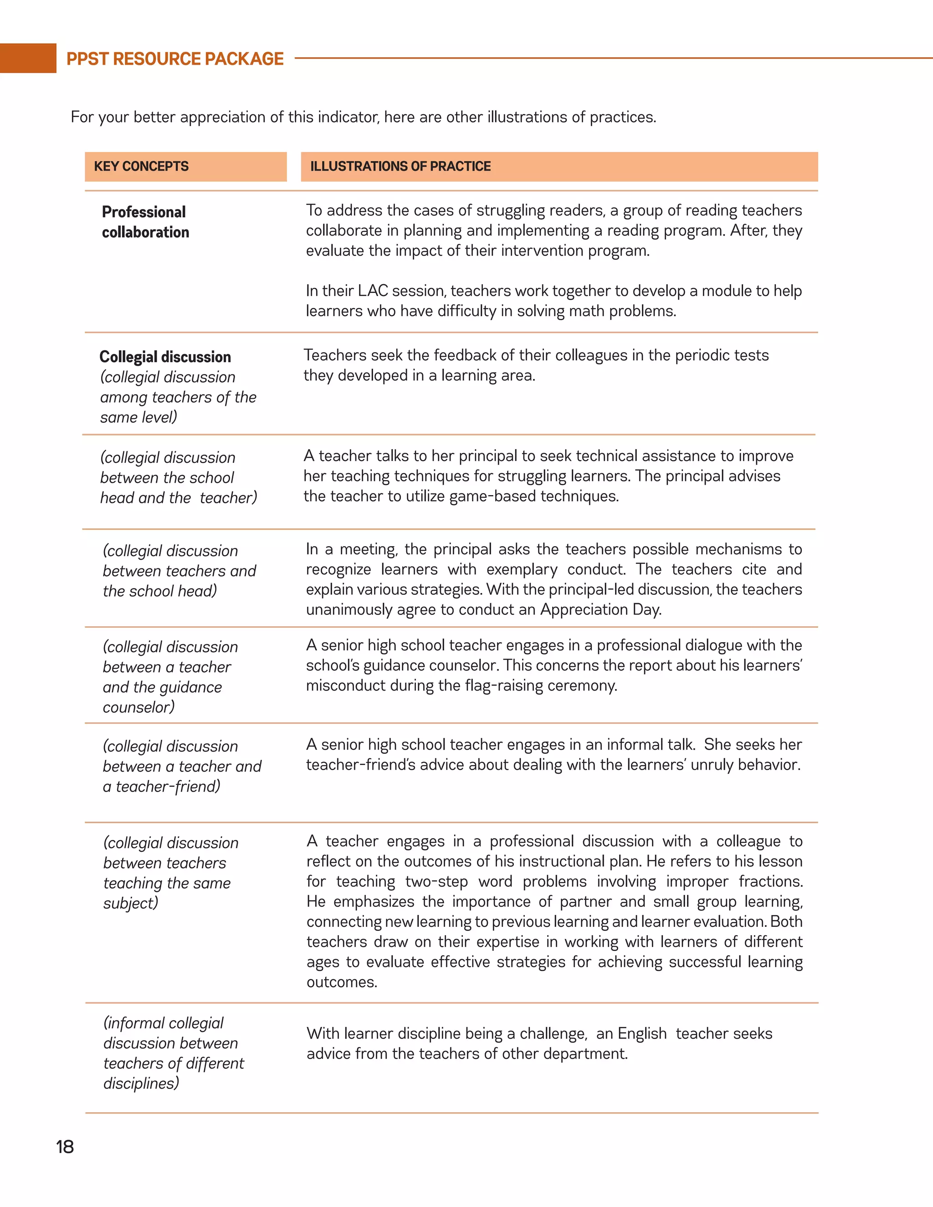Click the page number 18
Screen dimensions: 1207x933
click(65, 1147)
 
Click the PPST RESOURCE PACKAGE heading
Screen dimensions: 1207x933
click(174, 59)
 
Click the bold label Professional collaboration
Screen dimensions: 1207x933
click(145, 222)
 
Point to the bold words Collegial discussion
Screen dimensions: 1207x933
click(165, 357)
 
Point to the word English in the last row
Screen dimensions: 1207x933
click(642, 1033)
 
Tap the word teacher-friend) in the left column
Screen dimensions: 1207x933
click(168, 787)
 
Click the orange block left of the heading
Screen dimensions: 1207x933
click(28, 58)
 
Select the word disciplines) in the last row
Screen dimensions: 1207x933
click(142, 1083)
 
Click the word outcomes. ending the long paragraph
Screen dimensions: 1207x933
click(342, 982)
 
